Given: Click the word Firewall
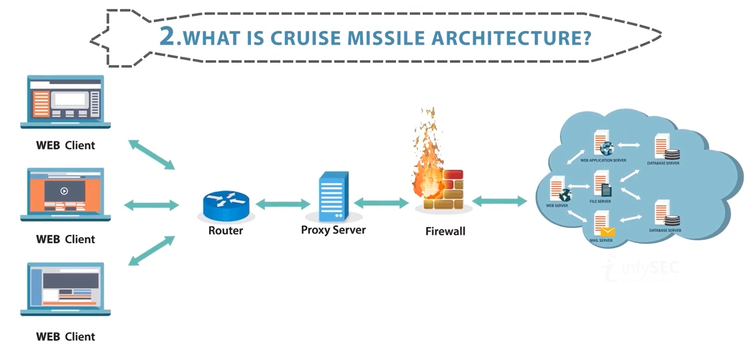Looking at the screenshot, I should [x=445, y=231].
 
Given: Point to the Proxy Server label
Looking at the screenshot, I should [x=333, y=230].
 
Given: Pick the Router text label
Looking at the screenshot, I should [x=226, y=231].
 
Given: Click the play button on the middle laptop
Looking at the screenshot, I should [x=64, y=191].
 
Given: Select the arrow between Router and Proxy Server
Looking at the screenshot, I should [x=283, y=203].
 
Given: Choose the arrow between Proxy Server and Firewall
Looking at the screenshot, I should [x=381, y=203].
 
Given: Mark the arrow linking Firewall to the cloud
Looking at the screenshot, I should [x=500, y=201].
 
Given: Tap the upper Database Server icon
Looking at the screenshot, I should [x=663, y=147].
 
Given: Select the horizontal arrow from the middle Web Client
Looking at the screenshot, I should [x=151, y=205].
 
